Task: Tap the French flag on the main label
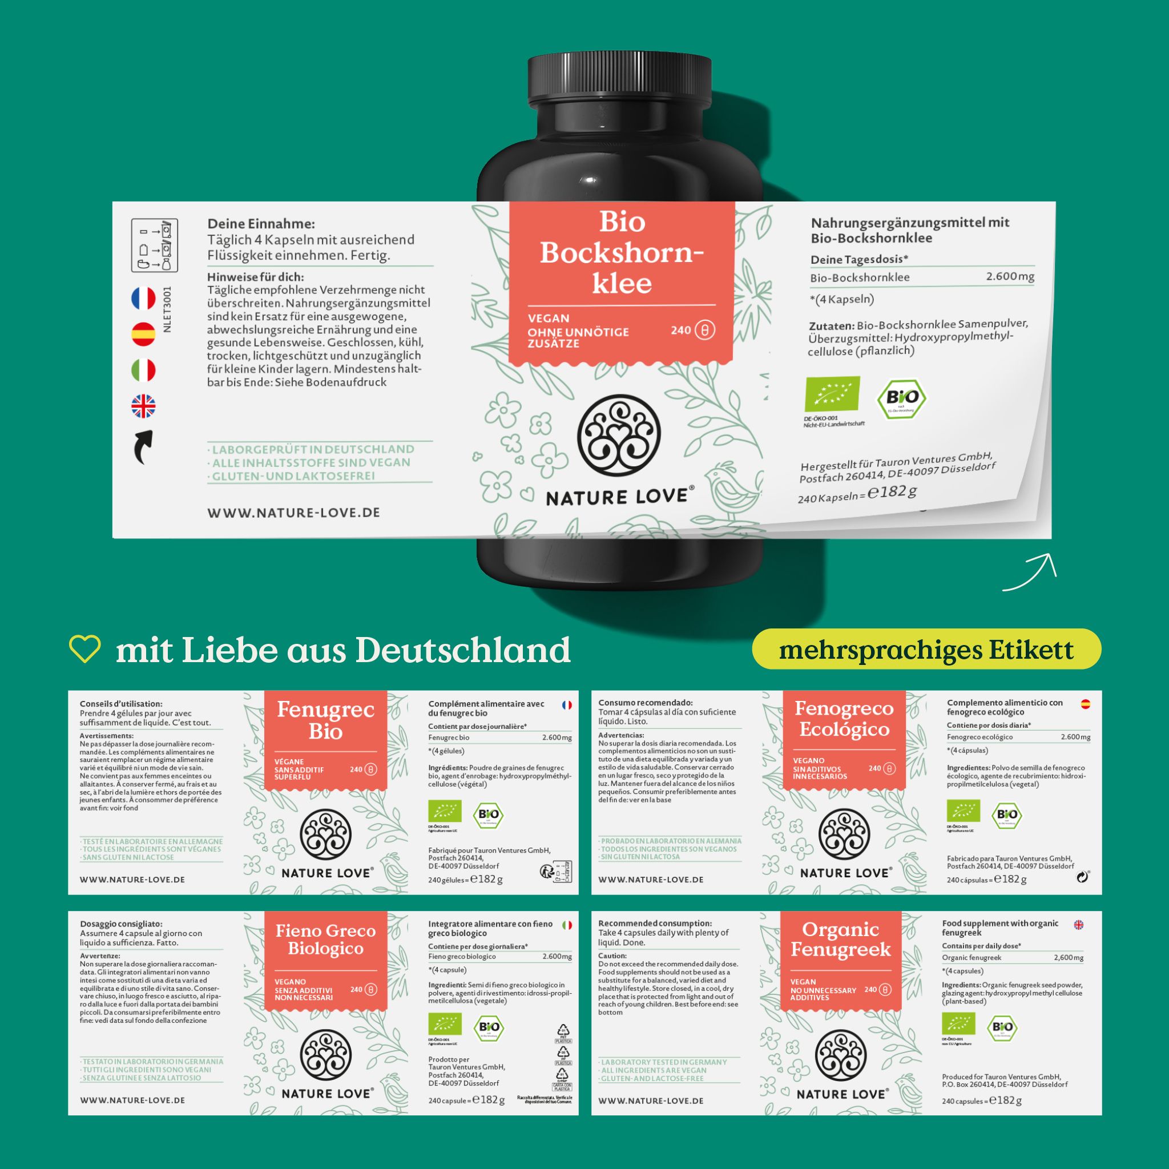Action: click(x=143, y=299)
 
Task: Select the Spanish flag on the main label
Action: click(x=143, y=334)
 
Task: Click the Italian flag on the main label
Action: click(x=143, y=370)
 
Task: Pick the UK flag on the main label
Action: click(x=143, y=406)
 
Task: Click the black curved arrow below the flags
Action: click(x=143, y=446)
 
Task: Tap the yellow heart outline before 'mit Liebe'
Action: click(x=84, y=649)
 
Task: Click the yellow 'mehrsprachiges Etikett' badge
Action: click(x=926, y=649)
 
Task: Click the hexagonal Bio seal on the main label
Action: click(x=901, y=398)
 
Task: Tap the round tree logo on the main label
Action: click(x=618, y=434)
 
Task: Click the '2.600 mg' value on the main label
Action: click(x=1010, y=276)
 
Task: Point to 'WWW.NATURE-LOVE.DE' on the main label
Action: click(x=293, y=513)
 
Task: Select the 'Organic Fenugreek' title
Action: click(x=840, y=939)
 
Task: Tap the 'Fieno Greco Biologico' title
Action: click(x=325, y=939)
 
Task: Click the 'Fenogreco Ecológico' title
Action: click(x=844, y=719)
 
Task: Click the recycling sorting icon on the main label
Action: click(x=154, y=245)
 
